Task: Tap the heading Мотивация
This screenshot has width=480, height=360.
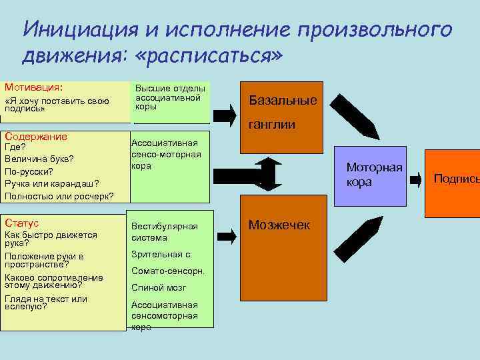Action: (x=34, y=87)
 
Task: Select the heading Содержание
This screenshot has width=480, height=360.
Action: (x=36, y=137)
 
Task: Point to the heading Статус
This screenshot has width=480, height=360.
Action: (x=22, y=223)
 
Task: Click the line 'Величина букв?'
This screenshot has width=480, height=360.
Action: (x=39, y=159)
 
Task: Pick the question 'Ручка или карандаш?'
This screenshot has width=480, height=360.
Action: (x=52, y=183)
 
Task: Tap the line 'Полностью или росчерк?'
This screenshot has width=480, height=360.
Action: (x=59, y=196)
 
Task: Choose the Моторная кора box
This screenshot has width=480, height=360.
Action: (x=374, y=176)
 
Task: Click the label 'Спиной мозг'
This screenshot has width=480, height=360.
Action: (x=159, y=288)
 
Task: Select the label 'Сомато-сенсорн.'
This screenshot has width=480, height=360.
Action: (x=168, y=271)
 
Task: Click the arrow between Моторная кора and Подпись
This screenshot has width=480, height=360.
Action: (x=415, y=179)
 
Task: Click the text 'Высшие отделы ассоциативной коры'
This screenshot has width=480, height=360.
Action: (x=170, y=97)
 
